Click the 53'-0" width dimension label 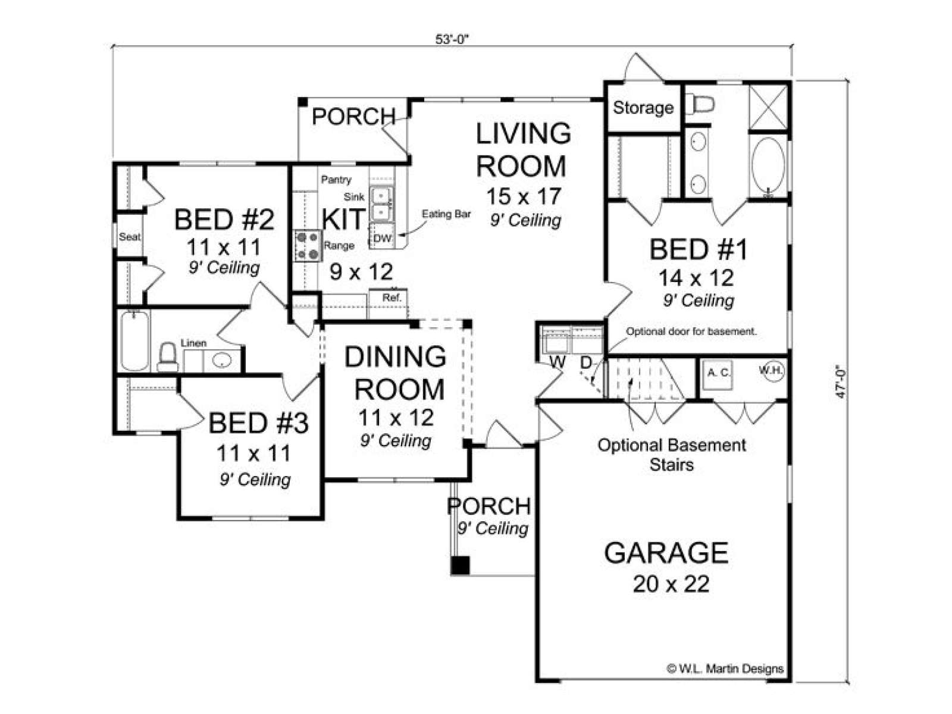(452, 39)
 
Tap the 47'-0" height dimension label (841, 383)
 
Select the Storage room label (643, 108)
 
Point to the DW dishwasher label (382, 238)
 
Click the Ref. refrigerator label (392, 298)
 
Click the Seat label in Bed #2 (130, 237)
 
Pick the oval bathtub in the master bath (768, 167)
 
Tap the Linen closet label (193, 343)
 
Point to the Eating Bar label (446, 214)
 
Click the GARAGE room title (666, 553)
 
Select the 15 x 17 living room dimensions (524, 196)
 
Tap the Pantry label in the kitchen (336, 180)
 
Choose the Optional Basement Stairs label (672, 455)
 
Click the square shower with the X (768, 107)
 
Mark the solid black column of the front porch (460, 565)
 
